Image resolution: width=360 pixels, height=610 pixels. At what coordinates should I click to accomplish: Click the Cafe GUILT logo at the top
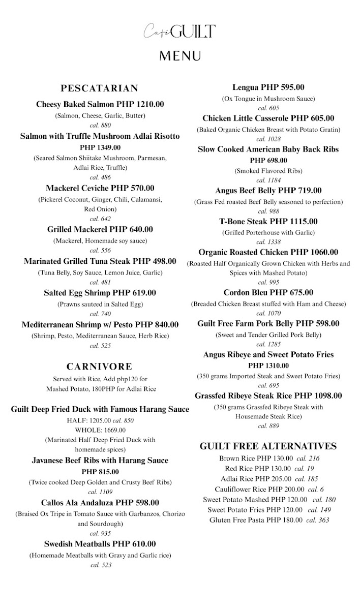pos(179,32)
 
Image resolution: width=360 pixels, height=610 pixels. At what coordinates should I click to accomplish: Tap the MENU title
pos(180,55)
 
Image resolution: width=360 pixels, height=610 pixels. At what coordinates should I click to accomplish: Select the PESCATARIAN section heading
pos(100,88)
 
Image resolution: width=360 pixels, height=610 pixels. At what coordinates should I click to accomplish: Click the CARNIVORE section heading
pos(100,367)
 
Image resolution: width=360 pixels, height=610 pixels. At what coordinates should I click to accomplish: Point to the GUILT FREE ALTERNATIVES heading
pos(268,446)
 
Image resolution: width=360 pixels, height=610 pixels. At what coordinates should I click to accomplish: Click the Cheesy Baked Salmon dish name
pos(100,104)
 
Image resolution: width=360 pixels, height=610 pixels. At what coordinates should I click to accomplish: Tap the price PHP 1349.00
pos(100,147)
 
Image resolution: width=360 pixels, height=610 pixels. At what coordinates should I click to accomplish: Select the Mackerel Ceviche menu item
pos(100,188)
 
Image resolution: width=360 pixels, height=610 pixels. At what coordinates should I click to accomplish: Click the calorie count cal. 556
pos(100,251)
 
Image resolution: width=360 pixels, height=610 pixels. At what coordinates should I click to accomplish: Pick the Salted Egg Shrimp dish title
pos(100,293)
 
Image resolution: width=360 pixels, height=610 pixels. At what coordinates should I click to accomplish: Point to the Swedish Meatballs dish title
pos(100,544)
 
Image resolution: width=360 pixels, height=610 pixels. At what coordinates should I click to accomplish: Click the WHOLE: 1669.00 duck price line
pos(100,430)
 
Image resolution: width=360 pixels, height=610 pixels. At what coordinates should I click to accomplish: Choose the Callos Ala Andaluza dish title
pos(100,503)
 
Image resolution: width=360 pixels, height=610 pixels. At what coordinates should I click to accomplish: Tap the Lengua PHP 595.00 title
pos(268,87)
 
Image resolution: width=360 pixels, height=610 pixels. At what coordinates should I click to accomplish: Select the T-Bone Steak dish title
pos(268,222)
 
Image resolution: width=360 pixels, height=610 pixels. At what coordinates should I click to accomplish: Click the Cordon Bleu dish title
pos(268,293)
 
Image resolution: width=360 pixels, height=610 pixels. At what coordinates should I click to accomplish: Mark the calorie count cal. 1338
pos(268,242)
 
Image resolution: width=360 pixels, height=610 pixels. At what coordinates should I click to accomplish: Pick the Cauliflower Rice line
pos(268,489)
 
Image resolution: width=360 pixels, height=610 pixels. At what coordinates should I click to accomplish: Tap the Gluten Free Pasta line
pos(268,520)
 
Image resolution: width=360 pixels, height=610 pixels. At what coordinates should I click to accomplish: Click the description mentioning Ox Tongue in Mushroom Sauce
pos(268,99)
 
